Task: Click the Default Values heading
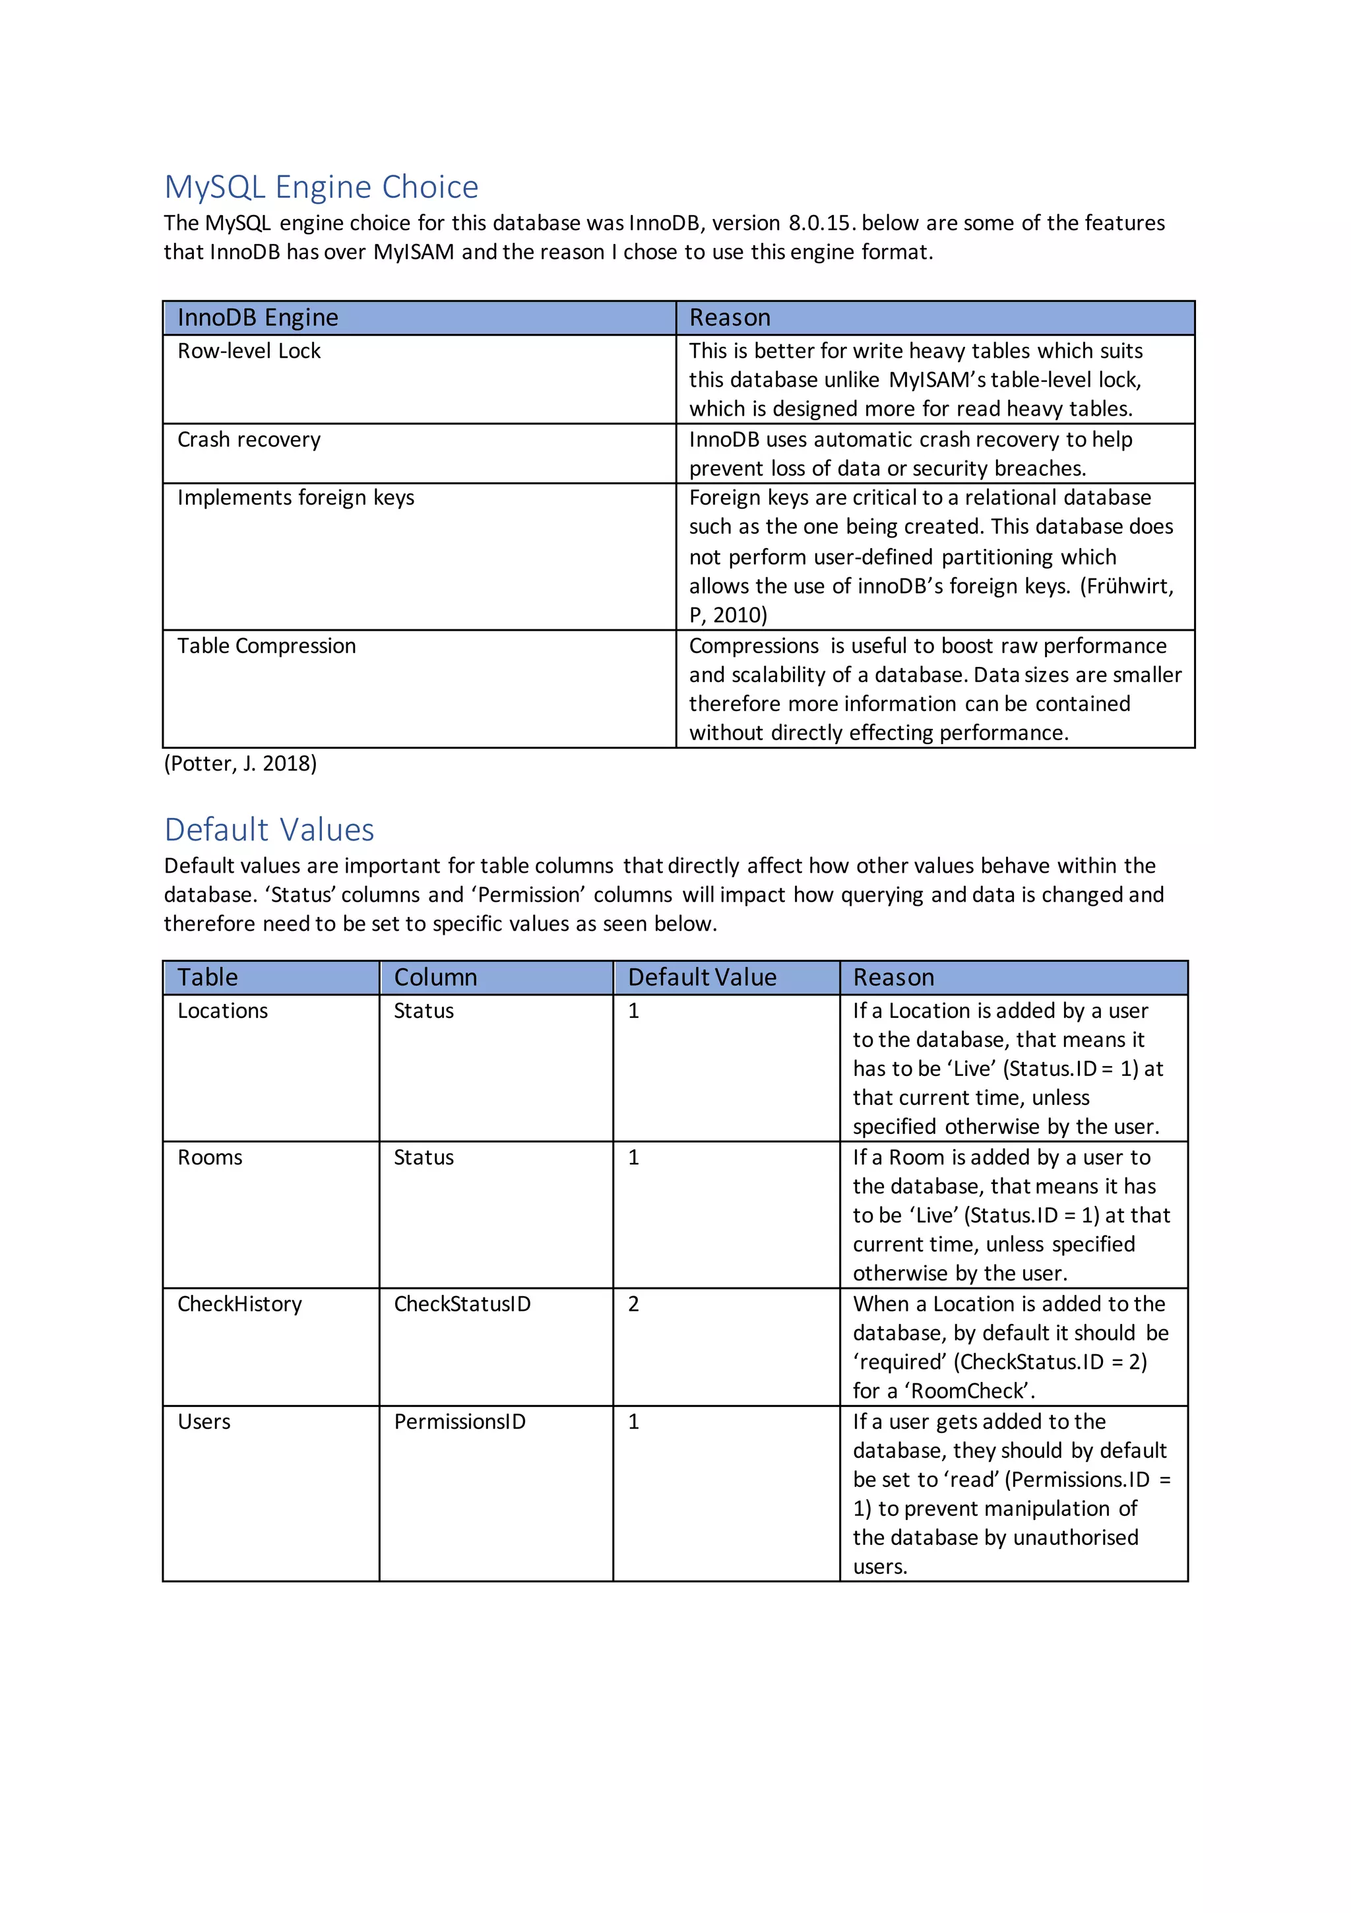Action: (268, 830)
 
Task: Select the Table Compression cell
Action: (266, 646)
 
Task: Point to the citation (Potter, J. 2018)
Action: (240, 763)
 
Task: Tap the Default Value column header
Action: (702, 978)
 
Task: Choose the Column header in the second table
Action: (435, 978)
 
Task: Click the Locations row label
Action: (222, 1011)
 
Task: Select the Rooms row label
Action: (210, 1157)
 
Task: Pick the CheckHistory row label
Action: (239, 1304)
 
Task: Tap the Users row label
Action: (204, 1422)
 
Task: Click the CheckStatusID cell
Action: (462, 1304)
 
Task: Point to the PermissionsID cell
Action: (459, 1422)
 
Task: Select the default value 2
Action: (633, 1304)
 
